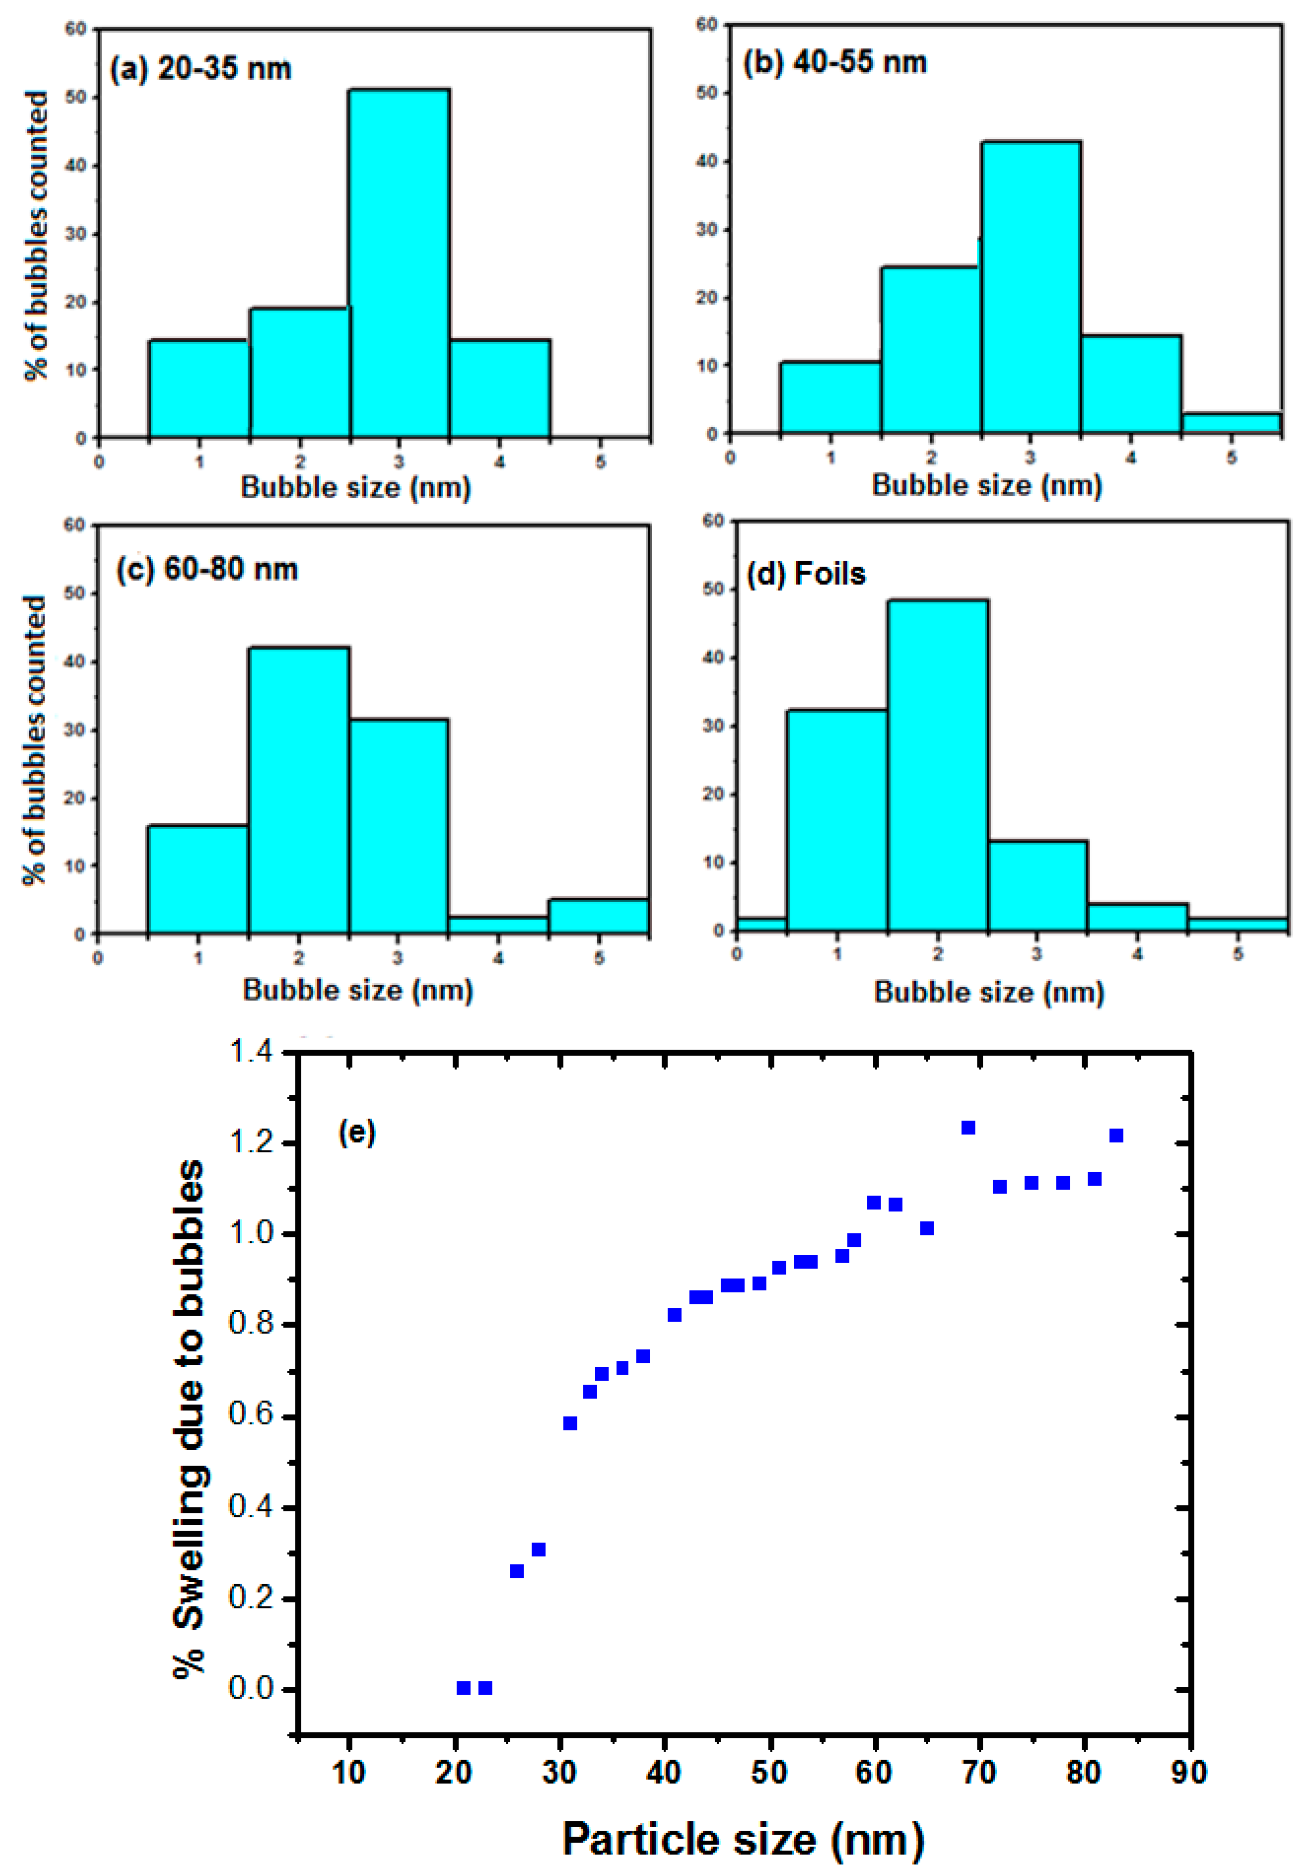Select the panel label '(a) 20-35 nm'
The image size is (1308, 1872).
pos(200,69)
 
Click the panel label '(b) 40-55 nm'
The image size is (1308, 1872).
pos(835,63)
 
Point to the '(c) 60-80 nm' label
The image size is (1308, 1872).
pos(207,568)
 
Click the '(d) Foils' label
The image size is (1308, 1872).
pos(806,574)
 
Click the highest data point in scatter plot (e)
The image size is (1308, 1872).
pos(969,1127)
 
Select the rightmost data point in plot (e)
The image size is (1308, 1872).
pos(1117,1136)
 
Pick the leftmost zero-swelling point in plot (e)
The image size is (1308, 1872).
pos(463,1688)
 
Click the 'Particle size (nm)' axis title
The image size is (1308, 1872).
pos(743,1839)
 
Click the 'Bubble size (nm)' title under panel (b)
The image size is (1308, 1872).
pos(987,485)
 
